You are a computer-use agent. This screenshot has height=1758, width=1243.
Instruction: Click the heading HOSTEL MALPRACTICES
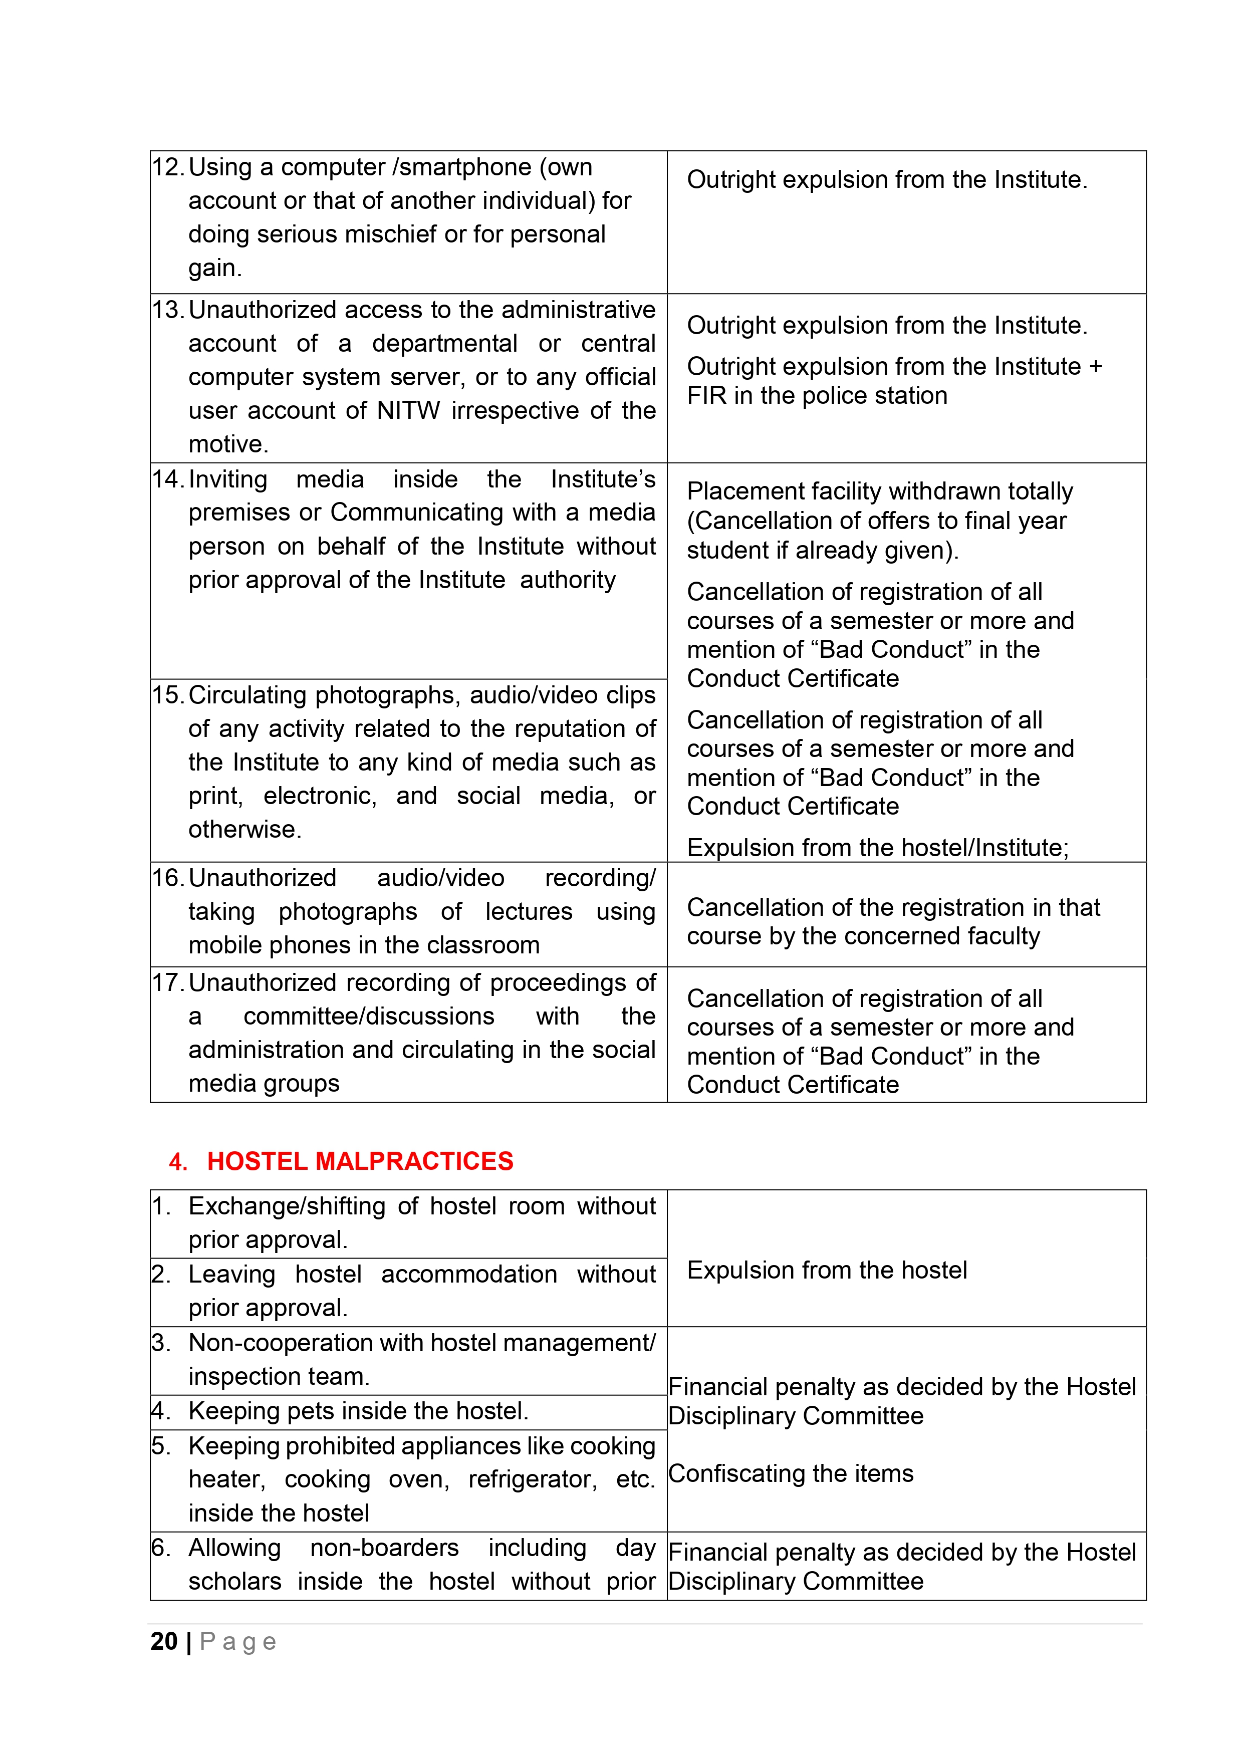[360, 1161]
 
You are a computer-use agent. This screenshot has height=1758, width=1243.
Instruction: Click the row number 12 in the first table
[166, 167]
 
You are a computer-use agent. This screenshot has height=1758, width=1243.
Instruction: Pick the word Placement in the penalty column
[740, 491]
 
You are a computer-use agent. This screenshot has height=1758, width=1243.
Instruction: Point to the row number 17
[166, 982]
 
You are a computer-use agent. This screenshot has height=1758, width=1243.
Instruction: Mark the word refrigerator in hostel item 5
[532, 1479]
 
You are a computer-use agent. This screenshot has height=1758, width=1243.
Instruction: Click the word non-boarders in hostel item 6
[384, 1548]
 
